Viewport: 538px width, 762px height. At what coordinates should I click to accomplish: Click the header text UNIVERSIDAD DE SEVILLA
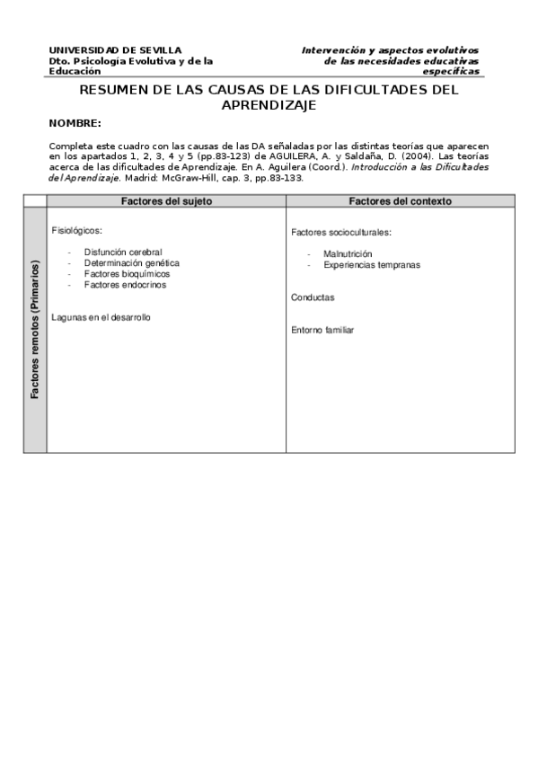pyautogui.click(x=115, y=50)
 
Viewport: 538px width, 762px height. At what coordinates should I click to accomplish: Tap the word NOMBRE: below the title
pyautogui.click(x=75, y=122)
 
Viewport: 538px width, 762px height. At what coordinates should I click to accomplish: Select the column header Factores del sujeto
pyautogui.click(x=166, y=201)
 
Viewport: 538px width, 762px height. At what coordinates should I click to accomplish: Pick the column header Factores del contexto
pyautogui.click(x=400, y=201)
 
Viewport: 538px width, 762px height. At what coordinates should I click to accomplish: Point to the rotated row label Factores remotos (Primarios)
pyautogui.click(x=35, y=330)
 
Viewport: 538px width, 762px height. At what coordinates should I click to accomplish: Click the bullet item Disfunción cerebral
pyautogui.click(x=123, y=253)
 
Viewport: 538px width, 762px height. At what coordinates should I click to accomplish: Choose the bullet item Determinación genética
pyautogui.click(x=131, y=263)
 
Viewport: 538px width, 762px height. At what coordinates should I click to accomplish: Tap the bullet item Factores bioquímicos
pyautogui.click(x=127, y=274)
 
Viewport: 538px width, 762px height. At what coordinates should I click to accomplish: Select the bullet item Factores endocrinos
pyautogui.click(x=125, y=285)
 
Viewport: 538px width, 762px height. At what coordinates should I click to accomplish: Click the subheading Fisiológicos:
pyautogui.click(x=77, y=230)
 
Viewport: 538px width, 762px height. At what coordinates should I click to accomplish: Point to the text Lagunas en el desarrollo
pyautogui.click(x=101, y=317)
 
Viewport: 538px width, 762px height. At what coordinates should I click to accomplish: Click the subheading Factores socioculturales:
pyautogui.click(x=341, y=233)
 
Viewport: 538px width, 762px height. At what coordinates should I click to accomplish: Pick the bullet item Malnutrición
pyautogui.click(x=348, y=254)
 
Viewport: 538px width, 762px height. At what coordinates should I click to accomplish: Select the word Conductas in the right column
pyautogui.click(x=313, y=297)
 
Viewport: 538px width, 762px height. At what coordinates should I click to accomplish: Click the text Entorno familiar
pyautogui.click(x=322, y=330)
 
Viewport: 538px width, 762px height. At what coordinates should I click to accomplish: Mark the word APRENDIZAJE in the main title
pyautogui.click(x=269, y=104)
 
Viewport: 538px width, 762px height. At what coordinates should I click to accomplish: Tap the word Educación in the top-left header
pyautogui.click(x=75, y=70)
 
